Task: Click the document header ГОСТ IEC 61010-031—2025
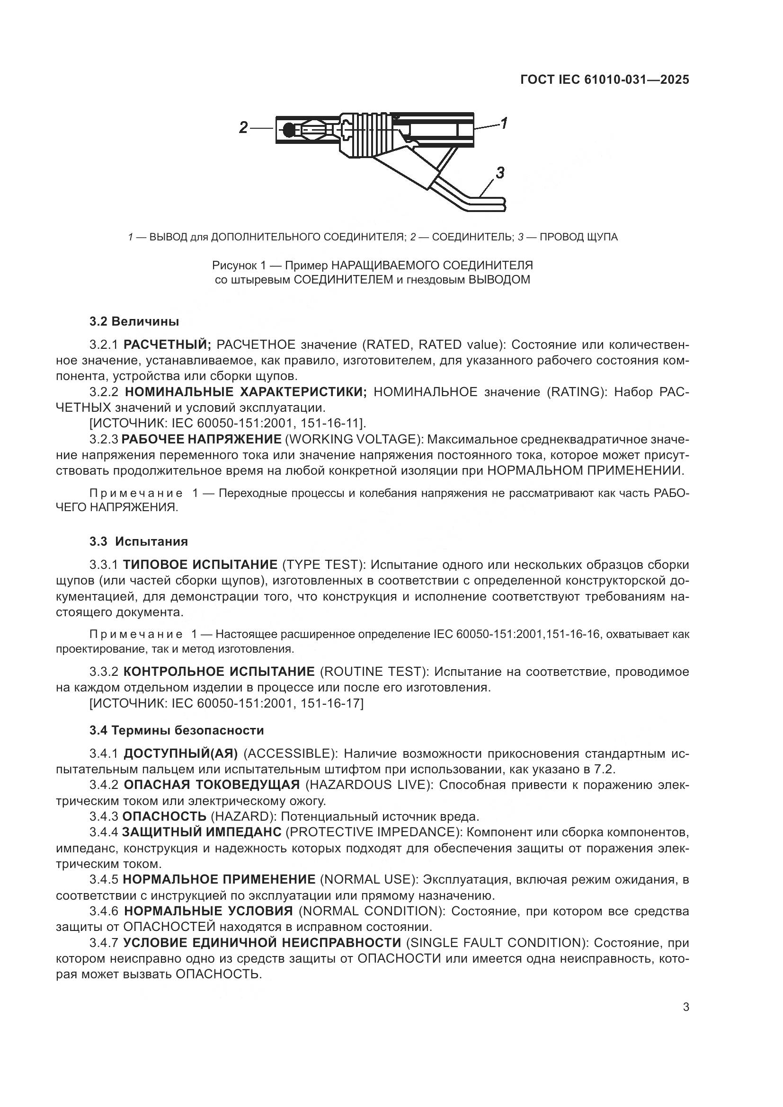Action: (x=605, y=80)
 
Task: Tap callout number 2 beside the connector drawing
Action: (x=243, y=128)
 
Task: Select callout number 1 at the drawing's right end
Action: (x=504, y=124)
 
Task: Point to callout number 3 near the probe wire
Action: (x=500, y=173)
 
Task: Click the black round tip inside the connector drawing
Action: (x=288, y=130)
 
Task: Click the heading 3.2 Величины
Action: (x=134, y=321)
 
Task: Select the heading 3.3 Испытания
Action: (x=138, y=541)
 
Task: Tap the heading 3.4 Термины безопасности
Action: (x=177, y=730)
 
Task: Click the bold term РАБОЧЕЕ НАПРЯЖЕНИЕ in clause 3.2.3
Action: (x=202, y=439)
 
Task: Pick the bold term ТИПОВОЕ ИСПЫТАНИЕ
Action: (x=200, y=565)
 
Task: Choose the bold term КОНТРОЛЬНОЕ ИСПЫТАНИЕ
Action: (x=219, y=672)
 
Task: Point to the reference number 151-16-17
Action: (x=332, y=703)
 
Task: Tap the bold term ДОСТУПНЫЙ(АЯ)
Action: (x=181, y=753)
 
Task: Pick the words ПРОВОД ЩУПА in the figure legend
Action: (x=578, y=237)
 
